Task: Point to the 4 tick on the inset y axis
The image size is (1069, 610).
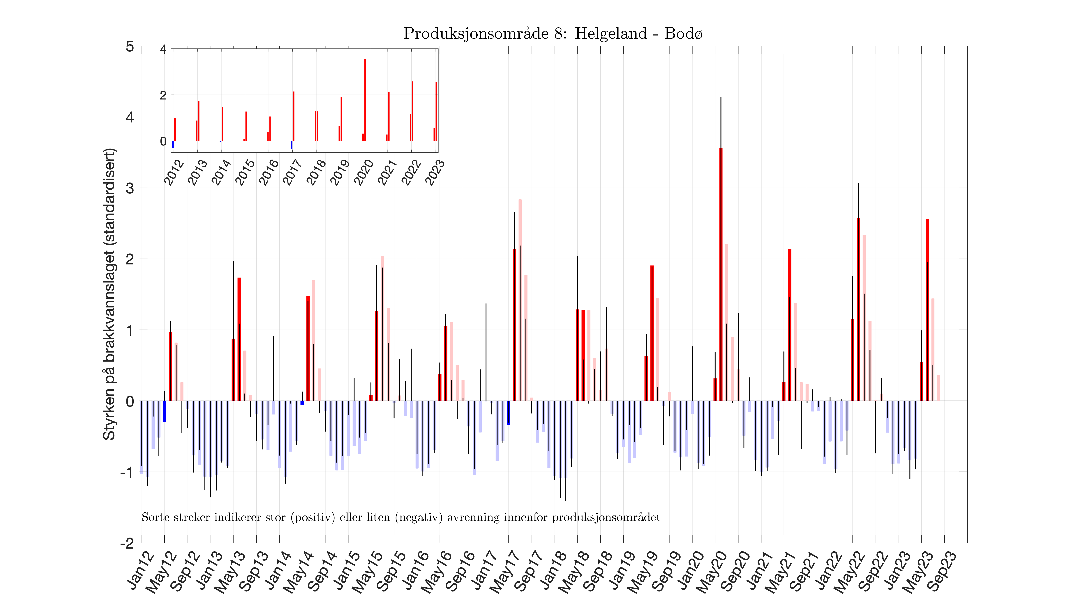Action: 163,49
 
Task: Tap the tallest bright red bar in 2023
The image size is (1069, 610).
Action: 927,310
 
